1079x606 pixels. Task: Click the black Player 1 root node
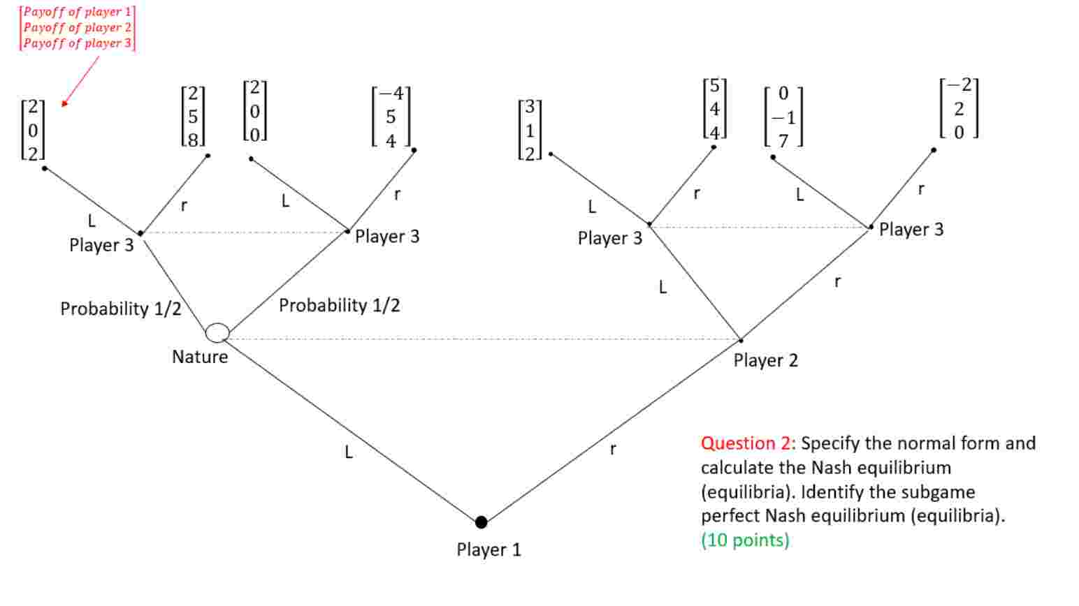coord(481,522)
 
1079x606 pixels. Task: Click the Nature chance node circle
coord(217,333)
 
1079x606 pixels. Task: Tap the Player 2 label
coord(765,360)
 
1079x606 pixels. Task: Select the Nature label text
coord(200,357)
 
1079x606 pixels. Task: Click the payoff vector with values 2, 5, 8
coord(194,116)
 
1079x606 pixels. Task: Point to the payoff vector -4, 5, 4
coord(391,117)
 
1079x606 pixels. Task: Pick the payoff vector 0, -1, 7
coord(783,117)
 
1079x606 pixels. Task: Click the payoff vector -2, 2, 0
coord(959,108)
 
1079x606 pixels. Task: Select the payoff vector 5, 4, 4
coord(714,109)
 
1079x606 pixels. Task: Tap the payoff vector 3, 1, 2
coord(530,130)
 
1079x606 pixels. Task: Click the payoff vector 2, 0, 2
coord(33,130)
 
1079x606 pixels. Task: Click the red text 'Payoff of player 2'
coord(77,27)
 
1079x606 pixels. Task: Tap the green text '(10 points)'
coord(745,540)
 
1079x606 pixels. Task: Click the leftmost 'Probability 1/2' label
coord(120,309)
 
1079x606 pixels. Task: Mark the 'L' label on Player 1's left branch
coord(349,452)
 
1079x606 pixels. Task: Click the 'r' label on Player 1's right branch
coord(613,449)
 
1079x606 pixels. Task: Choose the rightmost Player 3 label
coord(911,229)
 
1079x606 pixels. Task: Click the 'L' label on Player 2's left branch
coord(662,287)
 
